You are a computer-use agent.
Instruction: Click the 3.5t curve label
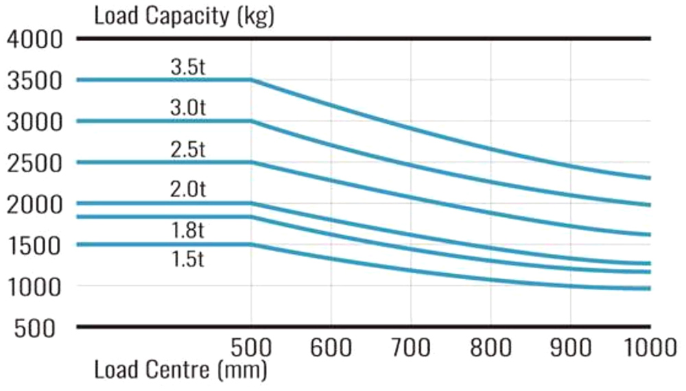point(187,69)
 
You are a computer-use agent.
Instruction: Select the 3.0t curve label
point(187,108)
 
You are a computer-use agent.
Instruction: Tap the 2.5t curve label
point(187,150)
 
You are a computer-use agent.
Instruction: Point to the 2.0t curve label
point(187,190)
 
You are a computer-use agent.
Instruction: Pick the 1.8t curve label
point(187,231)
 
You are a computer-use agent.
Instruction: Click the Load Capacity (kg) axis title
point(183,16)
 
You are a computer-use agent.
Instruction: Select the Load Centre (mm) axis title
point(180,372)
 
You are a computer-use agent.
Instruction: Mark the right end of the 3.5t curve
point(649,178)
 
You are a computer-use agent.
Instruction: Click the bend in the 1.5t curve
point(252,244)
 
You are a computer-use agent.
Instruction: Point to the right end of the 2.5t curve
point(649,235)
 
